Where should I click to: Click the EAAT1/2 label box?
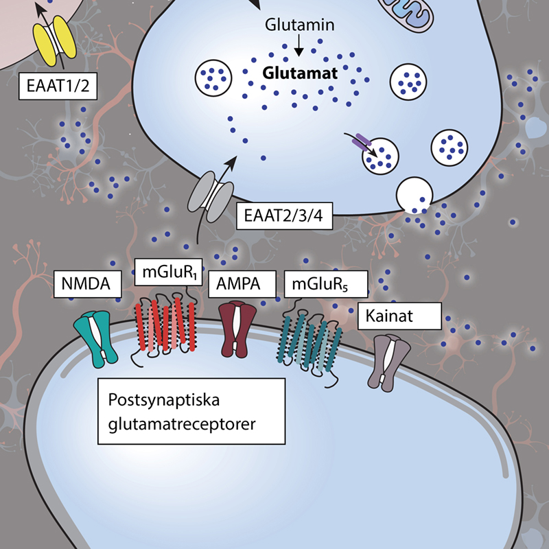click(58, 86)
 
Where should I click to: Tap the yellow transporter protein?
click(55, 40)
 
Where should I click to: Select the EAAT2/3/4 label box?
click(284, 215)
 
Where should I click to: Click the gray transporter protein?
click(211, 197)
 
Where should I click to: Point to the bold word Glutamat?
click(300, 73)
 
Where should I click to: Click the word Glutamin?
click(300, 25)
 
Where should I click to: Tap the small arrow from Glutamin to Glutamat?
click(299, 45)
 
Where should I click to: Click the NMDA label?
click(88, 284)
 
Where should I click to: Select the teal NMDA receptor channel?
click(95, 338)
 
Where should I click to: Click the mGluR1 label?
click(168, 272)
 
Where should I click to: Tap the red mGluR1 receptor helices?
click(165, 324)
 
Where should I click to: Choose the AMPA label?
click(242, 284)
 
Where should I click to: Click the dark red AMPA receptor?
click(237, 329)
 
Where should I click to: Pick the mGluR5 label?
click(326, 284)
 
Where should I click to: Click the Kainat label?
click(399, 316)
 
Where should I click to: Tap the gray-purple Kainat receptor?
click(389, 363)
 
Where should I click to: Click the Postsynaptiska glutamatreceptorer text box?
click(191, 411)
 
